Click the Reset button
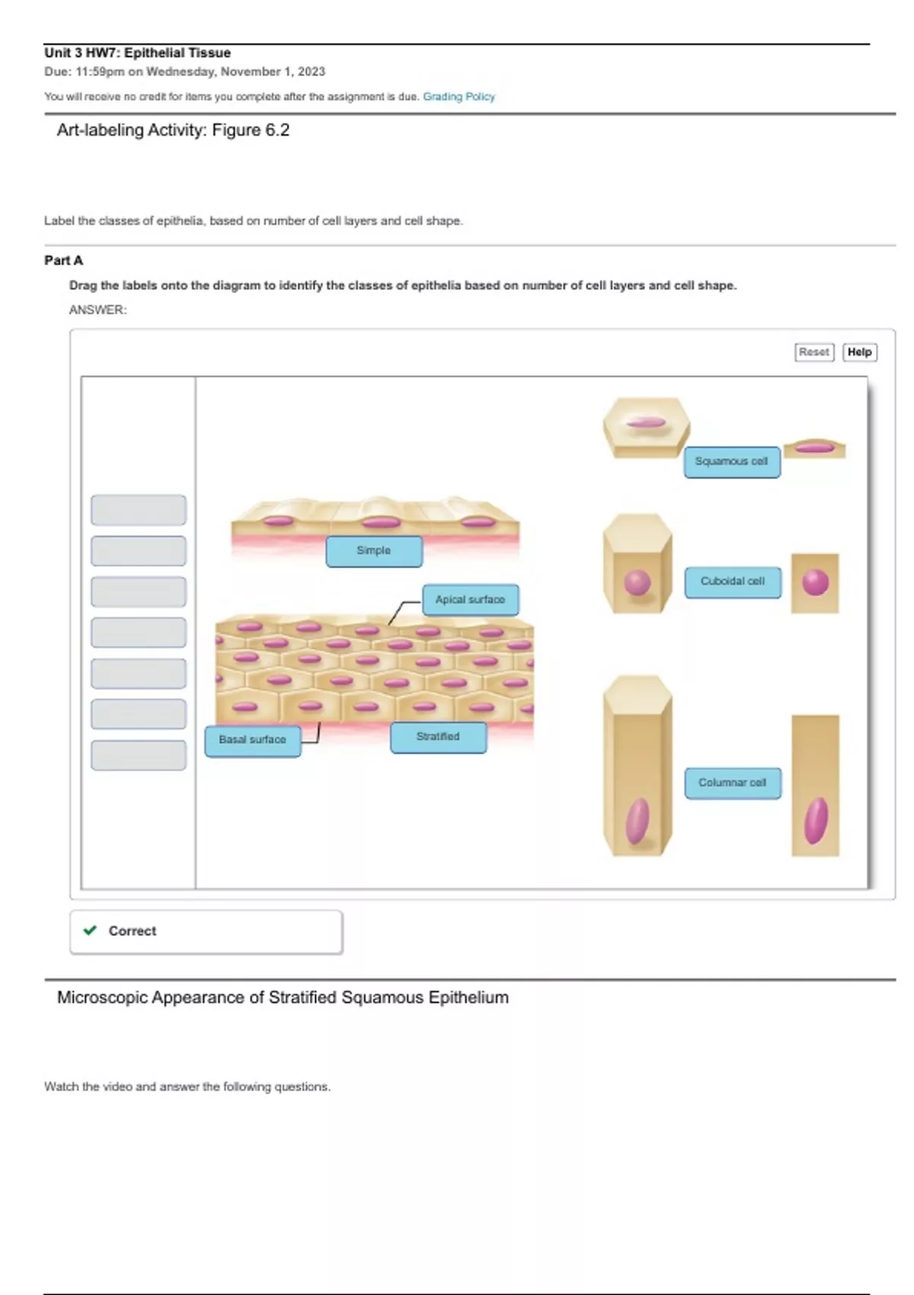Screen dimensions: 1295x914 (x=813, y=352)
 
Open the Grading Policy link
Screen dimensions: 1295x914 (x=459, y=97)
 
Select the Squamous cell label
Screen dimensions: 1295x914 (x=731, y=462)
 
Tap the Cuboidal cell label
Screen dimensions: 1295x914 (x=732, y=582)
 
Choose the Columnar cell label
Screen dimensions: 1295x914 (x=732, y=783)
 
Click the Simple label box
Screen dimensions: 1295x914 (x=373, y=551)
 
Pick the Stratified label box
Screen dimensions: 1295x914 (x=438, y=737)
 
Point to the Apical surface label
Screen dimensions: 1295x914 (x=470, y=600)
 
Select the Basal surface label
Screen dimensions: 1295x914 (x=252, y=740)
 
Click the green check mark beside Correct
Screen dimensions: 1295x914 (x=90, y=930)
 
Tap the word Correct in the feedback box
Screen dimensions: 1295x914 (x=132, y=931)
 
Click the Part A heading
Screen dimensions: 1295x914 (x=63, y=261)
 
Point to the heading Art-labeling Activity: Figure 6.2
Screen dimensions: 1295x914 (x=173, y=130)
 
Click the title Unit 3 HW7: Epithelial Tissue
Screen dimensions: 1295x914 (x=137, y=53)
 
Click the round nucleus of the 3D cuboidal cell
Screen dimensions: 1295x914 (x=638, y=583)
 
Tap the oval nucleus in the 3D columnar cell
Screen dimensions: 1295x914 (x=638, y=820)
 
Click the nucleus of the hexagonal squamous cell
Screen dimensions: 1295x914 (x=646, y=423)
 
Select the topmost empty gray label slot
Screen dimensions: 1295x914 (x=138, y=510)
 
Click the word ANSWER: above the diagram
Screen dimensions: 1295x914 (x=97, y=310)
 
